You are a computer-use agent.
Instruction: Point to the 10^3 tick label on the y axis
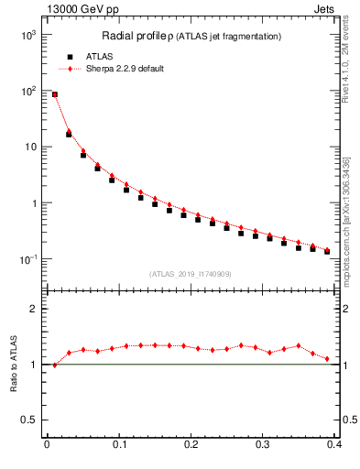coord(28,35)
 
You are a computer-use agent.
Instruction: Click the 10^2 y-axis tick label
coord(28,91)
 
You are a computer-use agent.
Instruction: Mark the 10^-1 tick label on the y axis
coord(28,259)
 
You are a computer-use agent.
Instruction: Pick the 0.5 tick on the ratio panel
coord(32,420)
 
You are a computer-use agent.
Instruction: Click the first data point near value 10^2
coord(55,94)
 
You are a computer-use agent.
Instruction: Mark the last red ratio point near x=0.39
coord(327,359)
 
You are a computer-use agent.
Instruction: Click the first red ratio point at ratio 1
coord(55,365)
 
